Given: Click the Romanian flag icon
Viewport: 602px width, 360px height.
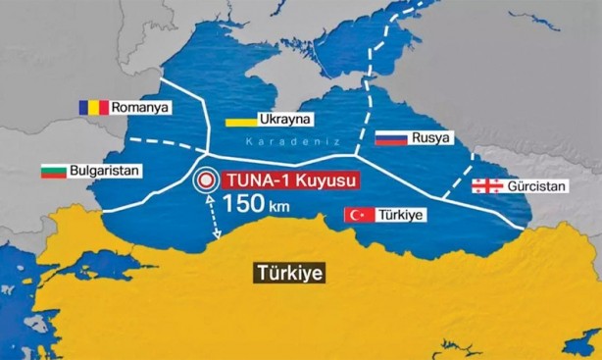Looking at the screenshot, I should coord(95,106).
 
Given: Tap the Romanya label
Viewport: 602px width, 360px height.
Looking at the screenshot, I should coord(140,106).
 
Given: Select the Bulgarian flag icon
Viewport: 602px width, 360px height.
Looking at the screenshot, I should coord(53,172).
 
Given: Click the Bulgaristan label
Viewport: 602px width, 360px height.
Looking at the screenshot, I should coord(106,171).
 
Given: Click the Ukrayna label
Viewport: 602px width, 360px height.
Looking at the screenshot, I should coord(284,120).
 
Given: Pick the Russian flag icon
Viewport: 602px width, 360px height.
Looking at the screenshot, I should coord(391,138).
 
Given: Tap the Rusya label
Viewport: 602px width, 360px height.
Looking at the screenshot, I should coord(431,137).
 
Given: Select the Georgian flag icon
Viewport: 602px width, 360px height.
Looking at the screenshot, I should coord(486,185).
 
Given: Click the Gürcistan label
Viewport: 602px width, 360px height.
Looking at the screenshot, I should coord(537,185).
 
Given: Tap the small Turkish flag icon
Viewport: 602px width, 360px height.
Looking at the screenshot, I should coord(359,215).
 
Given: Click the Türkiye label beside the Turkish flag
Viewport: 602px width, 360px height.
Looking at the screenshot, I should coord(401,214).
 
